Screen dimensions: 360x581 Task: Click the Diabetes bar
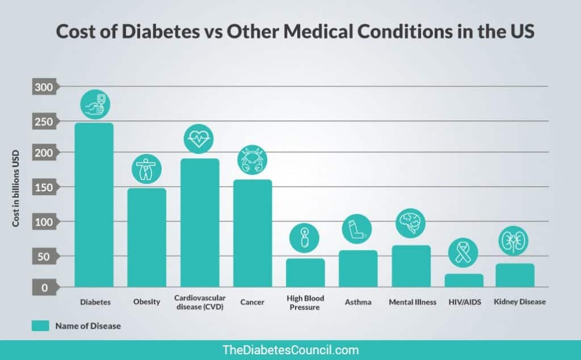(94, 204)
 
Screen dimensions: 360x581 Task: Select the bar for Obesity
(146, 237)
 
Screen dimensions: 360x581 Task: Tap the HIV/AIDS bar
(464, 281)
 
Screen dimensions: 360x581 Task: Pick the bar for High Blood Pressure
(305, 273)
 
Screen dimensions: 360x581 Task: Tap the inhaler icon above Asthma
(357, 229)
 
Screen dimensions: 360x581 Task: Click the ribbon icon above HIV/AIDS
(464, 252)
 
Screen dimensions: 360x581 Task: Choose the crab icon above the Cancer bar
(252, 160)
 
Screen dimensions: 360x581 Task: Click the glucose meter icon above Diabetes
(94, 104)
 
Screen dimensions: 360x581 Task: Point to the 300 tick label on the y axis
(44, 87)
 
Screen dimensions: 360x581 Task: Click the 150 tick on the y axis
(44, 187)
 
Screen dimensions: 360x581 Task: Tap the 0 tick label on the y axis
(44, 287)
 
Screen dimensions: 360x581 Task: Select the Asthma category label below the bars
(358, 302)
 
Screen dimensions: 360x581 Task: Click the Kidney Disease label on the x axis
(520, 302)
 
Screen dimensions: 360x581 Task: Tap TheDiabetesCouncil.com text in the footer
(290, 350)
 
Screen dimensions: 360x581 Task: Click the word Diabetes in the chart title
(137, 32)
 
